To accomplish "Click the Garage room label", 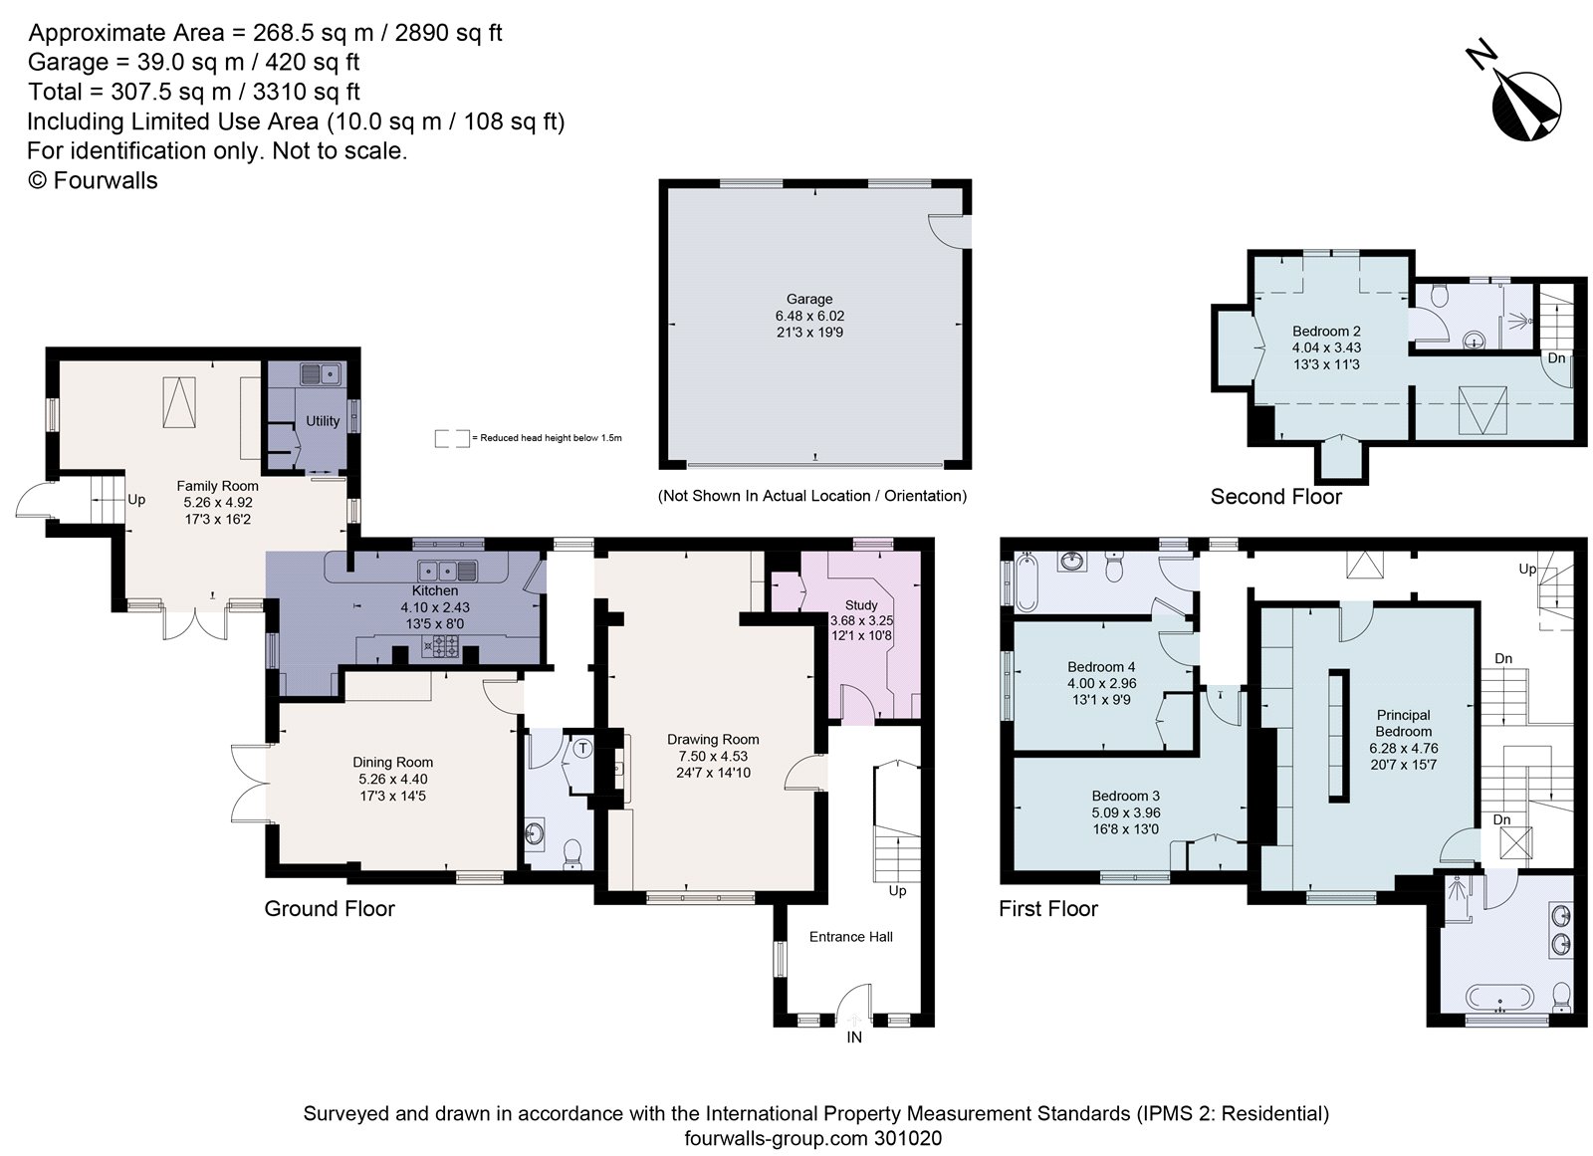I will tap(808, 299).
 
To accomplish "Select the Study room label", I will tap(861, 604).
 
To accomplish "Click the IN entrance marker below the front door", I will tap(853, 1037).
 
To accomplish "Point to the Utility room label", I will tap(322, 421).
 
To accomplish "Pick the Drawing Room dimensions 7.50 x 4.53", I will tap(713, 756).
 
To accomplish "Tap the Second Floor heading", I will tap(1275, 496).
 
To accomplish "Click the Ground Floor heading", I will tap(329, 908).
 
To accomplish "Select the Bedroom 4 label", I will tap(1101, 666).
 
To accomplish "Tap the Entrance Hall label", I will tap(850, 936).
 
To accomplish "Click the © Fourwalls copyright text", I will tap(92, 180).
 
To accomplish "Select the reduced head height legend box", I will tap(452, 438).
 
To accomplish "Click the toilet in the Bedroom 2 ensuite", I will tap(1437, 295).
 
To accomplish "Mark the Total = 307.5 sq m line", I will tap(193, 92).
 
